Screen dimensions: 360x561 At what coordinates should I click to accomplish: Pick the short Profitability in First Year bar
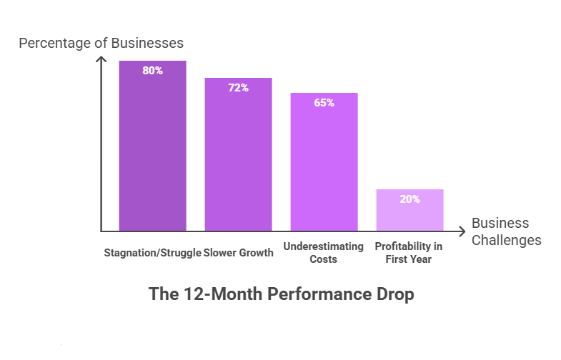pyautogui.click(x=409, y=210)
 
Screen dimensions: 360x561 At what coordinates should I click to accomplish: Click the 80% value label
pyautogui.click(x=152, y=71)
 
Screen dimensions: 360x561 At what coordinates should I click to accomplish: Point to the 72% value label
pyautogui.click(x=238, y=88)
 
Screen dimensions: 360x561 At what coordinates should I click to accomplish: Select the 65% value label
pyautogui.click(x=324, y=103)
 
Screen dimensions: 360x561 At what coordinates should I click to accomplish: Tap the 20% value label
pyautogui.click(x=409, y=199)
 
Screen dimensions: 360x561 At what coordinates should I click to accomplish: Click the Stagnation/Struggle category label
pyautogui.click(x=152, y=252)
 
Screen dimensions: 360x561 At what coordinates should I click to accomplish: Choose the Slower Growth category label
pyautogui.click(x=239, y=252)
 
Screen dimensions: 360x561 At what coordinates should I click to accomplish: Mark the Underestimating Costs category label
pyautogui.click(x=324, y=252)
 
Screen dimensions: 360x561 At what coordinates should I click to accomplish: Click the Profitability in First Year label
pyautogui.click(x=409, y=252)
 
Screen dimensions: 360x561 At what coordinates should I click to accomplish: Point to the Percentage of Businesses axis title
pyautogui.click(x=101, y=43)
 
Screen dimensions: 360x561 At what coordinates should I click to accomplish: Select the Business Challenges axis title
pyautogui.click(x=506, y=231)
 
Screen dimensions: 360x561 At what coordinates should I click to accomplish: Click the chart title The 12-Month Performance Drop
pyautogui.click(x=281, y=294)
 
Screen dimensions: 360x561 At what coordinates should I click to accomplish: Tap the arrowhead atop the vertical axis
pyautogui.click(x=101, y=59)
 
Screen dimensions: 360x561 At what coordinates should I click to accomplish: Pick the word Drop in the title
pyautogui.click(x=394, y=294)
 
